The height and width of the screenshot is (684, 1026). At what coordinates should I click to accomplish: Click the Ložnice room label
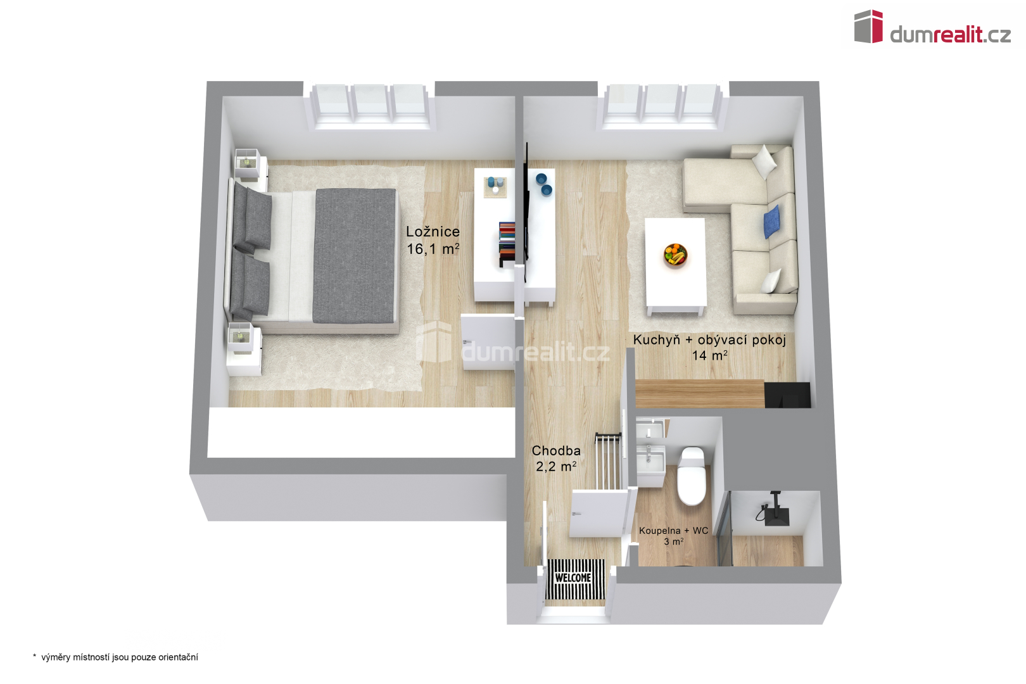point(433,231)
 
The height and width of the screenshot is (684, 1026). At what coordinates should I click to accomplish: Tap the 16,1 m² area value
point(433,249)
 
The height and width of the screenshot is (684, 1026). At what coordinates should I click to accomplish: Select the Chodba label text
point(556,451)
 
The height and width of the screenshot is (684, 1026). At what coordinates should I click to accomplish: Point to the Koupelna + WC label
point(673,531)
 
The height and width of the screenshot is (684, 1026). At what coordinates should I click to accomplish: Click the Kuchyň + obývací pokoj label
point(709,340)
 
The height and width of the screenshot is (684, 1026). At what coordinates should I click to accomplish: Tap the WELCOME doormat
point(575,579)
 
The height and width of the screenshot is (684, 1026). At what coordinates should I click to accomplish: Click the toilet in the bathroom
point(692,476)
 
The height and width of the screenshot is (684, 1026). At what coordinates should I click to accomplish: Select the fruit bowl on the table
point(676,255)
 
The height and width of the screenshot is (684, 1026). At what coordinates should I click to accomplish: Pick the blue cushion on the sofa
point(772,222)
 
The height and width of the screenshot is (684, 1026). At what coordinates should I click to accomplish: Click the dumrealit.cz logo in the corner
point(932,27)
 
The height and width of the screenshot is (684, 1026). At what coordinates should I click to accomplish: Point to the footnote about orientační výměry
point(115,657)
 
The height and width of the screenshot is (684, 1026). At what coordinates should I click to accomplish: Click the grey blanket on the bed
point(354,256)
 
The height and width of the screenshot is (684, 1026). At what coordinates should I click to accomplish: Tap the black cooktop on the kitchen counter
point(787,395)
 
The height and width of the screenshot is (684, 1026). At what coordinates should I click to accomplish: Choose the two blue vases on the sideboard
point(543,184)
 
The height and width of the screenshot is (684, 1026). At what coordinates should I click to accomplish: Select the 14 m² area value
point(709,355)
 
